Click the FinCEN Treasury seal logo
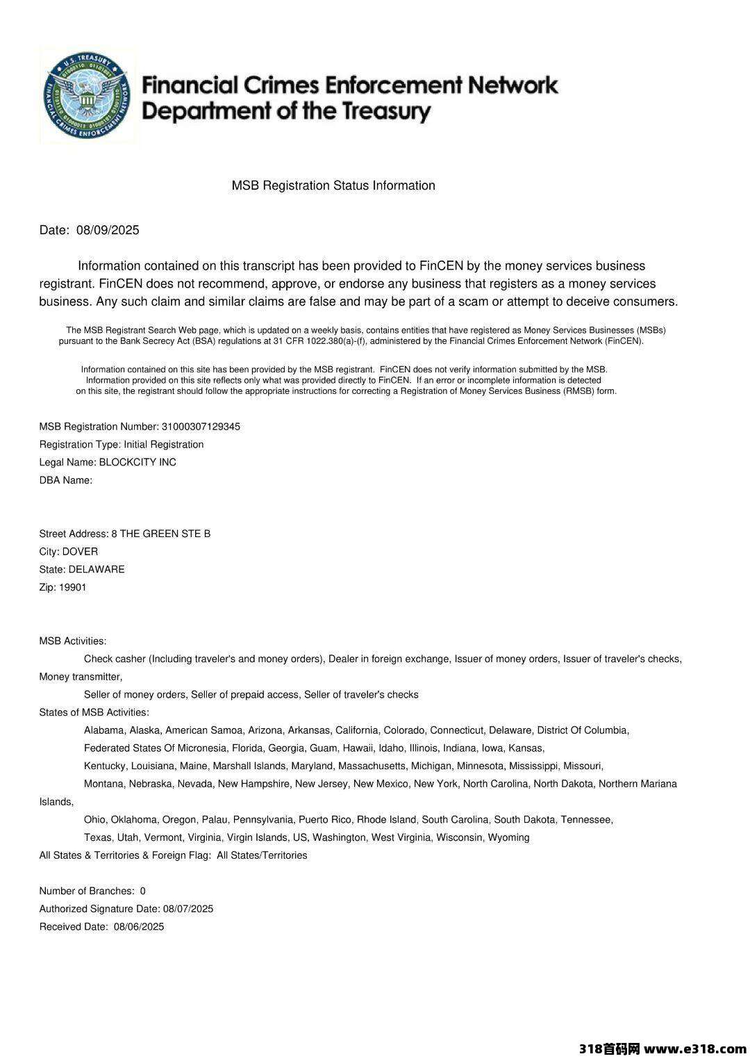tap(87, 95)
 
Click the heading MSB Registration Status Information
tap(333, 186)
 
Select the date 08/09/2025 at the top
tap(108, 231)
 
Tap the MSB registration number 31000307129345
tap(201, 427)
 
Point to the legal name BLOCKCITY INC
tap(137, 463)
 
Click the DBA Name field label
tap(66, 480)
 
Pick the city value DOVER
tap(80, 552)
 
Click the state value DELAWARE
tap(97, 570)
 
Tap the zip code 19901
tap(73, 588)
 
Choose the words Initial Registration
tap(164, 445)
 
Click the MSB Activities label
tap(73, 641)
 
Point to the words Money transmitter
tap(80, 677)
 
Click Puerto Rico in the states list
tap(325, 820)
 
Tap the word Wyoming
tap(509, 838)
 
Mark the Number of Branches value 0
tap(143, 891)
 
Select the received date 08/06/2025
tap(139, 927)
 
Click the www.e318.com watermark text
tap(694, 1048)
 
